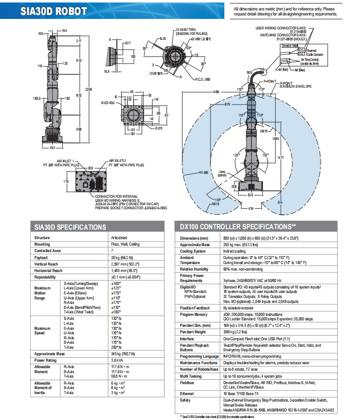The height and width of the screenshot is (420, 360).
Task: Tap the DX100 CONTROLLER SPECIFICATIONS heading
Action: pyautogui.click(x=238, y=227)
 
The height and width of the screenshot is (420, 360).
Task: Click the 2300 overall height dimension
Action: pyautogui.click(x=88, y=89)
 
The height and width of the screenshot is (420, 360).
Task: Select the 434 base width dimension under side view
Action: pyautogui.click(x=53, y=147)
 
